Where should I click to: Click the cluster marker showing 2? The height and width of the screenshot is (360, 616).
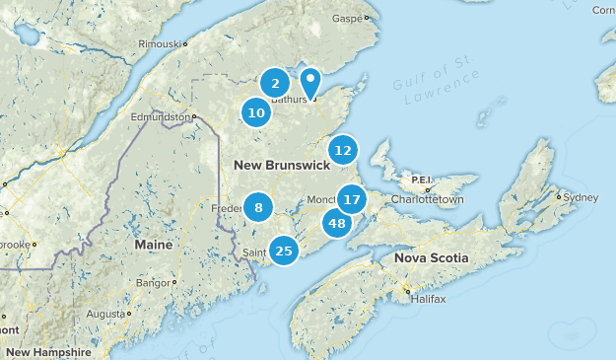(276, 84)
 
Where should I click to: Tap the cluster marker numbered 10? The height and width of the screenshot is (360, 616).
(256, 112)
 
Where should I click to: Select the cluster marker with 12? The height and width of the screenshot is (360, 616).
(342, 151)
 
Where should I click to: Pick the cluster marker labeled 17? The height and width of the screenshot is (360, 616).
(352, 199)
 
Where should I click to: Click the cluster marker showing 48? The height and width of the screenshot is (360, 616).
(337, 223)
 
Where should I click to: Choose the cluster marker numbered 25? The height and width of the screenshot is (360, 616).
(284, 251)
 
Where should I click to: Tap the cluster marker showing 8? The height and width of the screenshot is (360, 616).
(258, 207)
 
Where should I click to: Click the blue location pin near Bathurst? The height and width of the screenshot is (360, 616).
(310, 82)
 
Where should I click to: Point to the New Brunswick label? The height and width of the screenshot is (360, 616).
(281, 166)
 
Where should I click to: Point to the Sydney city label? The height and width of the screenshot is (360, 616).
(580, 197)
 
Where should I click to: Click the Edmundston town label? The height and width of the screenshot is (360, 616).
(162, 116)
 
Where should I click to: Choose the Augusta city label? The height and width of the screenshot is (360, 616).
(105, 313)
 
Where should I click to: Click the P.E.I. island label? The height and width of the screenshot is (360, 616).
(421, 180)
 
